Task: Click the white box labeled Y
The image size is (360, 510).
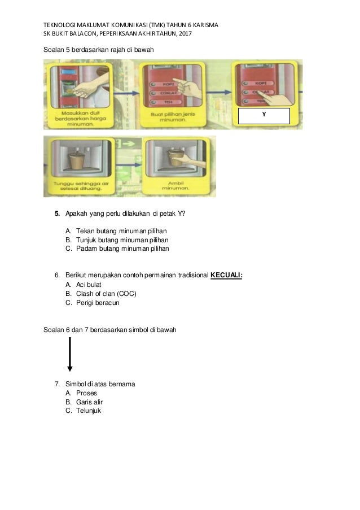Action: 264,116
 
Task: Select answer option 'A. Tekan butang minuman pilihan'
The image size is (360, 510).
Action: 116,231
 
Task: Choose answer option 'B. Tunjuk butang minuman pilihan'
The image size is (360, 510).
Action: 117,239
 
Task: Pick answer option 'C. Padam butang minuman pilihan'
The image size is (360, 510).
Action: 117,248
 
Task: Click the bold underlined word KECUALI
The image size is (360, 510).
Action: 226,275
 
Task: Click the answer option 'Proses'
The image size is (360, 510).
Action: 86,393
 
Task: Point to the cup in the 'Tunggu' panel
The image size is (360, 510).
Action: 77,159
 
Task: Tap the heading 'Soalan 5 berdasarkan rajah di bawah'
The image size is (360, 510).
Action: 98,50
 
